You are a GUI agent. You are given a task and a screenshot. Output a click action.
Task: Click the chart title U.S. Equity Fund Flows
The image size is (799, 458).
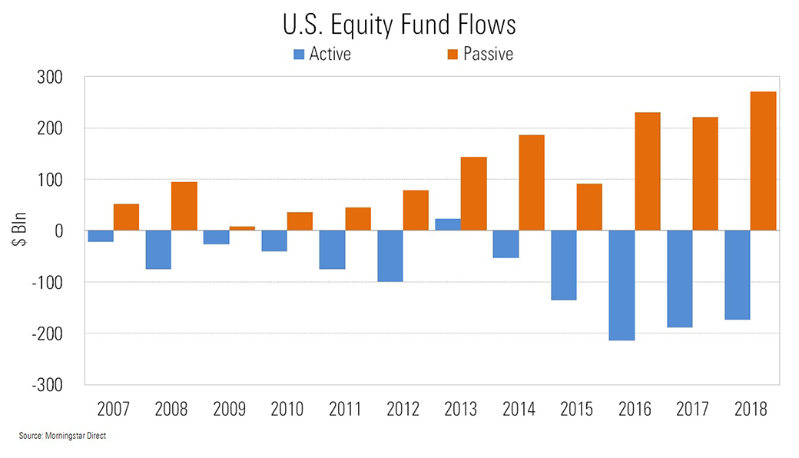click(x=398, y=25)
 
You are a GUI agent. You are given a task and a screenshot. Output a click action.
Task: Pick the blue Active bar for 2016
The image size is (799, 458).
click(x=622, y=285)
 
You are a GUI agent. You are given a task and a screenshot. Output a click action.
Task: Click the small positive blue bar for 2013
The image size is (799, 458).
click(x=448, y=224)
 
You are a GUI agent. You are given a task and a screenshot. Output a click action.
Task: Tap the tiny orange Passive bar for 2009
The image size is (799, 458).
click(x=242, y=228)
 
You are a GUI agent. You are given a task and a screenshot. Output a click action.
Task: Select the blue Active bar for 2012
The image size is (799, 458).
click(x=390, y=256)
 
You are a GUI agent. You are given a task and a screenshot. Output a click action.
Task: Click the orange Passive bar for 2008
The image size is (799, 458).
click(x=184, y=206)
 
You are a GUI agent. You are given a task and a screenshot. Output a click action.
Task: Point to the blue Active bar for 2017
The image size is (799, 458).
click(x=679, y=279)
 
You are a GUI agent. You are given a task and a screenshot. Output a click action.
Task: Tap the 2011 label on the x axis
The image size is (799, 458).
click(x=346, y=409)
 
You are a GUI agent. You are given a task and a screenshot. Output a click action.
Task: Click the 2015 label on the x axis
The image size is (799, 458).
click(x=577, y=409)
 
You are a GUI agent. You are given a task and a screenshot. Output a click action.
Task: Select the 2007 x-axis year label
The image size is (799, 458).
click(x=114, y=409)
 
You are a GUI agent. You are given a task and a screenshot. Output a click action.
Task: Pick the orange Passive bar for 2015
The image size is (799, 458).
click(x=589, y=207)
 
